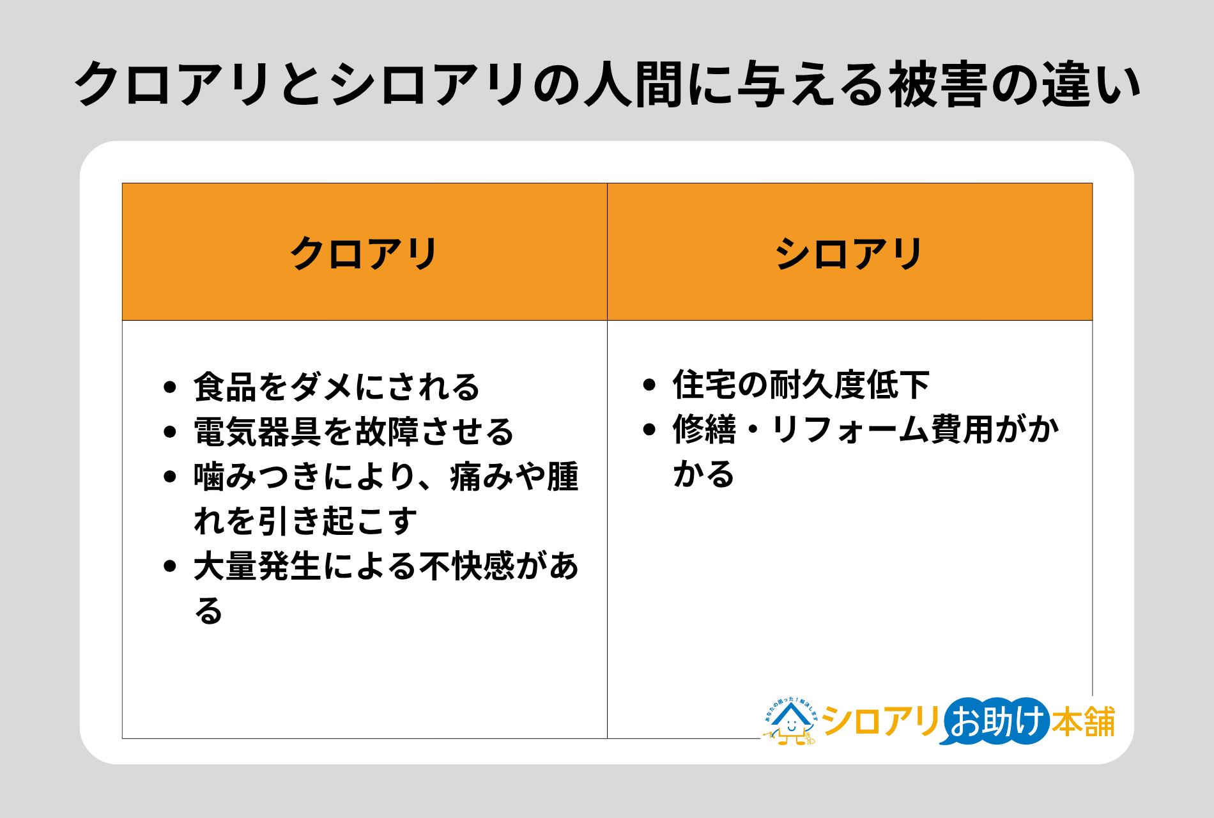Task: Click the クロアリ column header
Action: click(364, 253)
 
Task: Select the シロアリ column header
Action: click(849, 253)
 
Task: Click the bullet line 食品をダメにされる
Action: click(337, 387)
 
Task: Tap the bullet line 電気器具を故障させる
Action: click(354, 432)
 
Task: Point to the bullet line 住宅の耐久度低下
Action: click(801, 385)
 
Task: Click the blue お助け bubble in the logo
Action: click(995, 722)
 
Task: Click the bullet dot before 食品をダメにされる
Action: click(169, 387)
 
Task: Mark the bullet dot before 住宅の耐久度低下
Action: click(649, 385)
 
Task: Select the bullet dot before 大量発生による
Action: click(169, 566)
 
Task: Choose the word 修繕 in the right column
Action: click(704, 429)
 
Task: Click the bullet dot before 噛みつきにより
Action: click(169, 477)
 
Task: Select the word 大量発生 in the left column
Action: click(257, 566)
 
